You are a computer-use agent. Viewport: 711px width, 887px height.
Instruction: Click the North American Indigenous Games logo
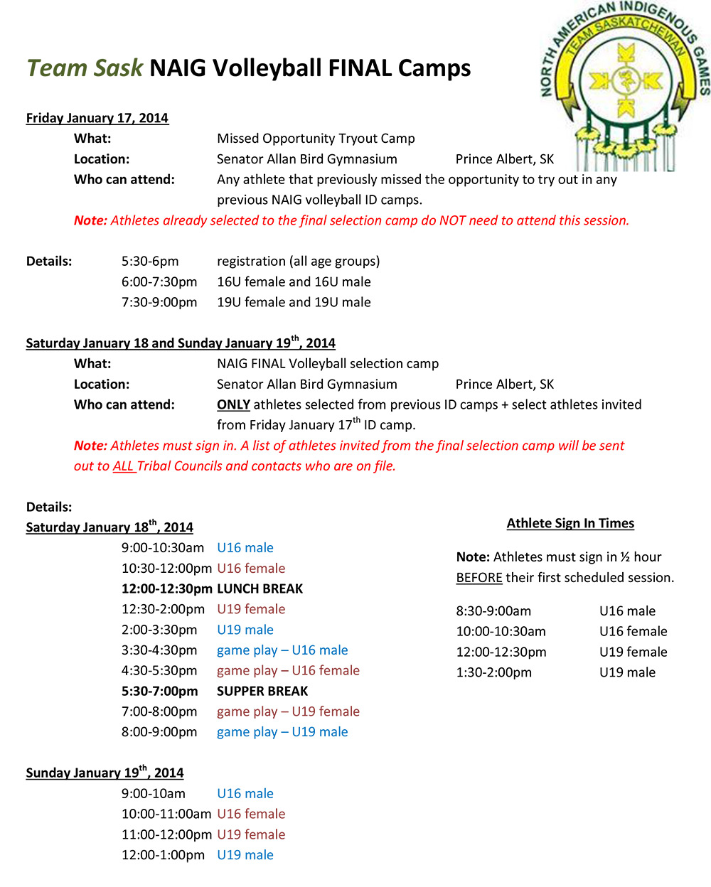tap(624, 85)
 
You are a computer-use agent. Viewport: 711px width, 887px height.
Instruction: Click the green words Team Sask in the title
tap(85, 68)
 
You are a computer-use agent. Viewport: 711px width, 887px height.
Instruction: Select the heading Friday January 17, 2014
tap(97, 118)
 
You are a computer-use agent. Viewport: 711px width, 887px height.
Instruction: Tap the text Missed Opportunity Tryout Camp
tap(316, 139)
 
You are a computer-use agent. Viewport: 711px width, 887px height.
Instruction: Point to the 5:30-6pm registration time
tap(150, 262)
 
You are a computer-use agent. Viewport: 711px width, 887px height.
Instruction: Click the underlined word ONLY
tap(233, 405)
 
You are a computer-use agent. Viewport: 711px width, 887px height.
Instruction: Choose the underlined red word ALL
tap(123, 466)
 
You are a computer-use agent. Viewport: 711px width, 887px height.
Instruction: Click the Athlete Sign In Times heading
tap(570, 524)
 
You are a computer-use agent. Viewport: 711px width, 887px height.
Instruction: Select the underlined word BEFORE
tap(479, 578)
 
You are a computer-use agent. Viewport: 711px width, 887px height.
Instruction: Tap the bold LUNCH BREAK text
tap(260, 589)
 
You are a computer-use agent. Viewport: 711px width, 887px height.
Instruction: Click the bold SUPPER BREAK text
tap(262, 692)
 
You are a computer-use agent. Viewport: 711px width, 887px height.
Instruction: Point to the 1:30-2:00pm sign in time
tap(493, 672)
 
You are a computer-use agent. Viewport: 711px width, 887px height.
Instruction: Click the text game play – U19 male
tap(282, 732)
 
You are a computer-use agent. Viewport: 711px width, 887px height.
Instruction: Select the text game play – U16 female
tap(288, 671)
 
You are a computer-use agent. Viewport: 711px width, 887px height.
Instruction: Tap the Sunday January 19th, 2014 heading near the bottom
tap(105, 773)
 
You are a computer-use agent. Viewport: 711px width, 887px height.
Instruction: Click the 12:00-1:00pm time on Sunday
tap(163, 855)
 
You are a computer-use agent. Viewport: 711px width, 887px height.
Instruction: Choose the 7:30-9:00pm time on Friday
tap(159, 303)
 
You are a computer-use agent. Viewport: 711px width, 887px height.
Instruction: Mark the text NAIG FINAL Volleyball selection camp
tap(328, 364)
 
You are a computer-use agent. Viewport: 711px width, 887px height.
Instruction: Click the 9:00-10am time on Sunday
tap(153, 794)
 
